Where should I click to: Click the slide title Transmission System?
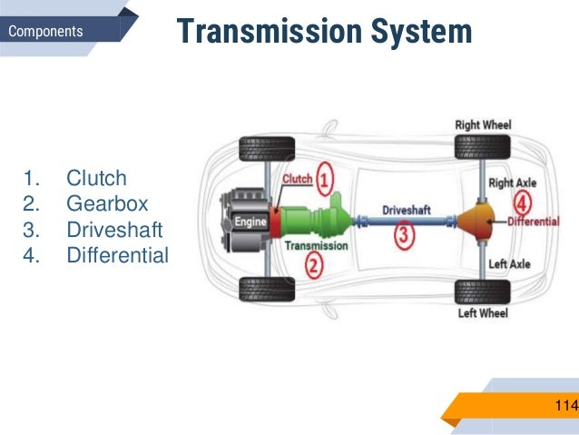pyautogui.click(x=324, y=32)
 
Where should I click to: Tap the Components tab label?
pyautogui.click(x=45, y=32)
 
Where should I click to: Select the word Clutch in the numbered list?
pyautogui.click(x=96, y=178)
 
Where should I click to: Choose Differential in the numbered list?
pyautogui.click(x=118, y=254)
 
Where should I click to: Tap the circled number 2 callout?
pyautogui.click(x=313, y=265)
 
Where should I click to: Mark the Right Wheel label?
pyautogui.click(x=483, y=124)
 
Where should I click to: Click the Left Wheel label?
pyautogui.click(x=482, y=314)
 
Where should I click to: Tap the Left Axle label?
pyautogui.click(x=509, y=264)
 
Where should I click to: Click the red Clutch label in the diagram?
pyautogui.click(x=297, y=179)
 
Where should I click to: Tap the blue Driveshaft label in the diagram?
pyautogui.click(x=405, y=210)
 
